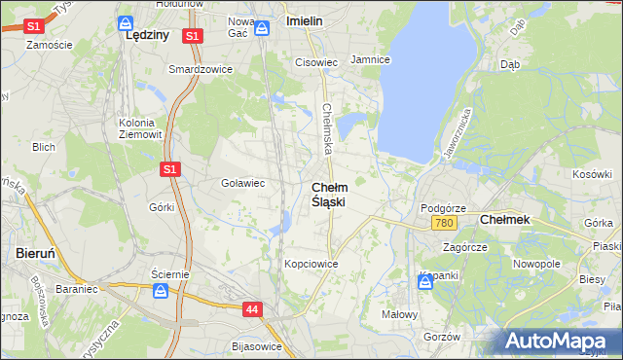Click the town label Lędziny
tap(148, 35)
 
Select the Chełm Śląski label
tap(328, 194)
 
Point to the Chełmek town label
tap(505, 220)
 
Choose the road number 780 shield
tap(444, 224)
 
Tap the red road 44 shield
tap(252, 309)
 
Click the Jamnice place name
tap(370, 60)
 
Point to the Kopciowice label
tap(311, 264)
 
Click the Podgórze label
tap(443, 208)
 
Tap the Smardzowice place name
tap(197, 70)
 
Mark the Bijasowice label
tap(258, 346)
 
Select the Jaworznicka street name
tap(457, 134)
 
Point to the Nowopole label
tap(537, 264)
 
